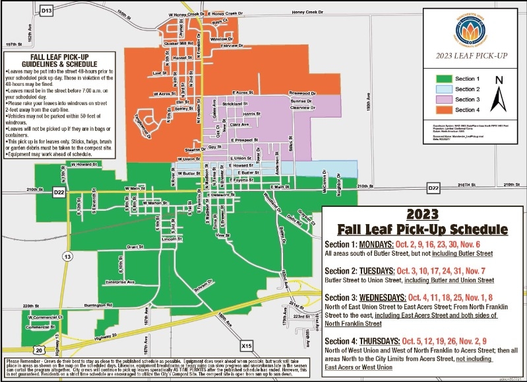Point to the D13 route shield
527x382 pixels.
click(46, 11)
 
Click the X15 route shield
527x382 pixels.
click(247, 344)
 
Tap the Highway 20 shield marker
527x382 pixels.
click(40, 349)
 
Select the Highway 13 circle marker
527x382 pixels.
click(68, 255)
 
